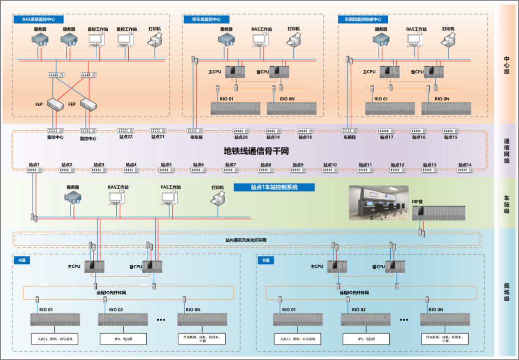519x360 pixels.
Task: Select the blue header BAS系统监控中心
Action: pyautogui.click(x=42, y=19)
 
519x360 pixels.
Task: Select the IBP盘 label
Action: pyautogui.click(x=417, y=201)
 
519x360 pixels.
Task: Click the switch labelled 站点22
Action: pyautogui.click(x=125, y=131)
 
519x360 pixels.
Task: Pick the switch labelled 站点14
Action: pyautogui.click(x=465, y=170)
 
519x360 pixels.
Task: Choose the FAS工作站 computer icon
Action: pyautogui.click(x=170, y=199)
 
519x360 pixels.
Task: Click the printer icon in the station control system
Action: pyautogui.click(x=218, y=200)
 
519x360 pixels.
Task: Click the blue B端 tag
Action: pyautogui.click(x=265, y=260)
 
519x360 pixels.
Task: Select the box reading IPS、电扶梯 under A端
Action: pyautogui.click(x=123, y=340)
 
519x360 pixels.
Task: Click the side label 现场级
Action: pyautogui.click(x=507, y=292)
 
